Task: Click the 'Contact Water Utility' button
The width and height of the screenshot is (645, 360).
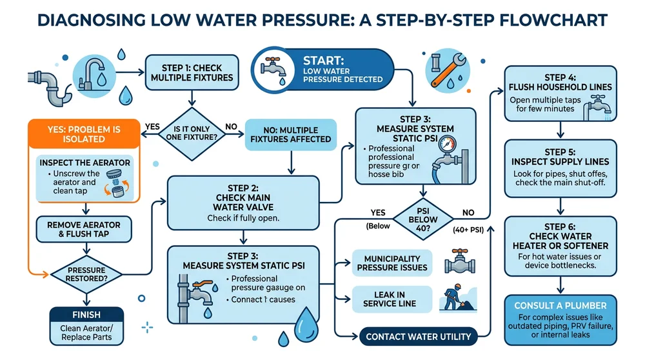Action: click(x=418, y=335)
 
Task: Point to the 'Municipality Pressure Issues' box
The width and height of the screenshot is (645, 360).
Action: click(x=391, y=263)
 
